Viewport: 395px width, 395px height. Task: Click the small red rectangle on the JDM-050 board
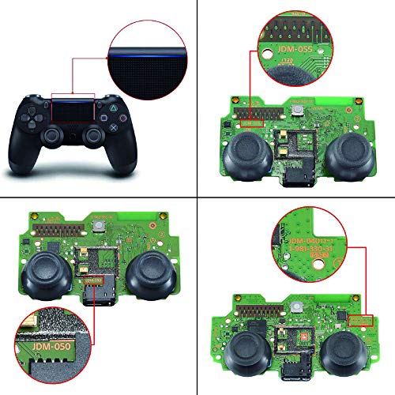(x=93, y=280)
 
